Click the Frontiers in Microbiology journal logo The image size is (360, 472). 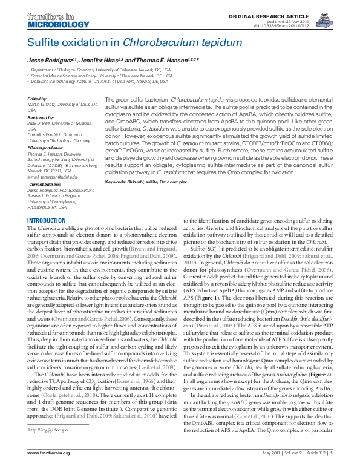(x=53, y=19)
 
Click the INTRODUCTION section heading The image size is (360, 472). (x=47, y=220)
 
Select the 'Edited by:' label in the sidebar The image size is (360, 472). (x=36, y=99)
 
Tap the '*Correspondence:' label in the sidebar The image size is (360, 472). (x=44, y=147)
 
